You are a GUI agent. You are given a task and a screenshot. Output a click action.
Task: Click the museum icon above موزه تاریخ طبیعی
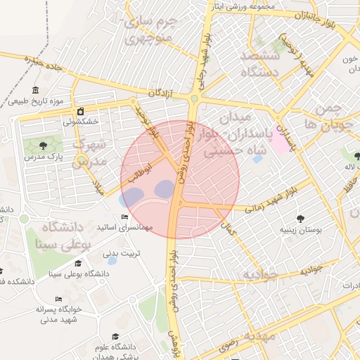coord(36,91)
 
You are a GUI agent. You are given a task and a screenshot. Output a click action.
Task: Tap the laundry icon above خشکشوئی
coord(81,111)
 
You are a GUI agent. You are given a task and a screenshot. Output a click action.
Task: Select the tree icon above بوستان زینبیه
coord(301,218)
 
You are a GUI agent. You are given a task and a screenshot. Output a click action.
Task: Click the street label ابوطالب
coord(139,172)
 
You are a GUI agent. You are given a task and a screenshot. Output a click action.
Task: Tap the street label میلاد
coord(99,188)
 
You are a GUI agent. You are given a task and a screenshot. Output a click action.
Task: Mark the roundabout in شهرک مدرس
coord(83,160)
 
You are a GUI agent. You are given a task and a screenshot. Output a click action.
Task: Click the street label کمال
coord(228,229)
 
